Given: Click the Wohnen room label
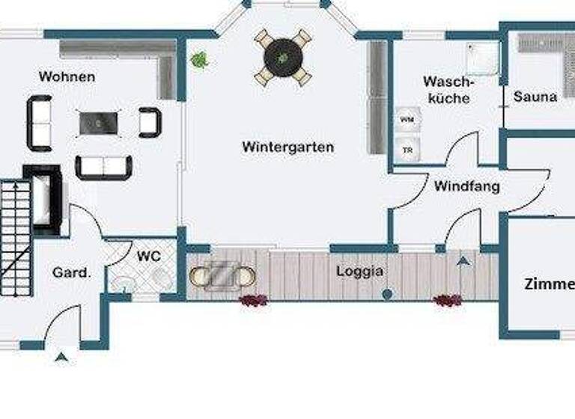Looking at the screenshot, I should (67, 76).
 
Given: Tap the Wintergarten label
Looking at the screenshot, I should (287, 147).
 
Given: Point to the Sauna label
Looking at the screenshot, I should (535, 97).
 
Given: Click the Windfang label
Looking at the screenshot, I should (466, 186).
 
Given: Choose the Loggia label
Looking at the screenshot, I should (359, 271).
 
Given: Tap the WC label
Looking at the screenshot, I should (149, 256).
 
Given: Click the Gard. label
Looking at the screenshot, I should (71, 272).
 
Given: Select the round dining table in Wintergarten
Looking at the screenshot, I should (282, 56).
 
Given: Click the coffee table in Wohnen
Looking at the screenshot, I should (99, 122).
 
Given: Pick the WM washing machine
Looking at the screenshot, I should (407, 120).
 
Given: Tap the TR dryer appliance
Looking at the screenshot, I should (407, 149).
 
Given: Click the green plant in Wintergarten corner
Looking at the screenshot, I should (200, 59).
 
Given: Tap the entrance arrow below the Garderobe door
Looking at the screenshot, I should (61, 358).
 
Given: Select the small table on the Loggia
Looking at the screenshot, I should (222, 275).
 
